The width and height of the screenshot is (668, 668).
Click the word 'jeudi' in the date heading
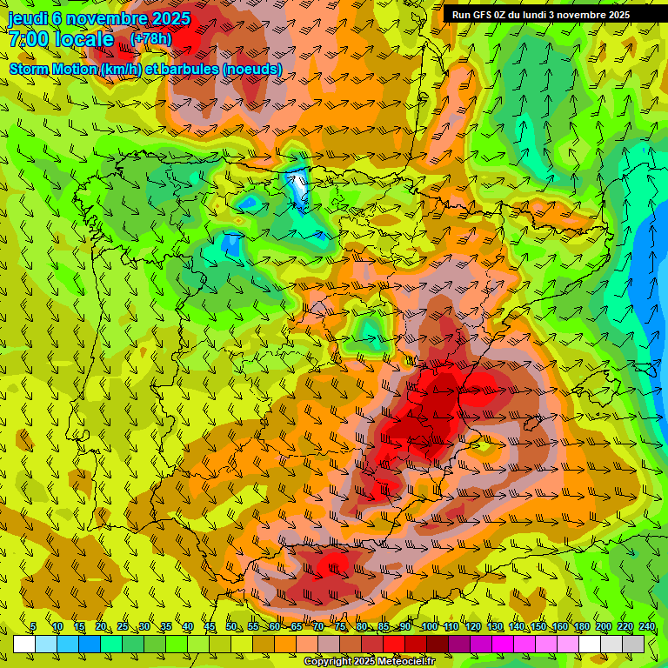pos(28,18)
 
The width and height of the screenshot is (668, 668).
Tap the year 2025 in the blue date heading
pos(164,18)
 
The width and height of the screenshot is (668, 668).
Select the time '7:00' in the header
pos(28,39)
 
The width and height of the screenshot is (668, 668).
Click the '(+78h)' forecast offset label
pos(150,39)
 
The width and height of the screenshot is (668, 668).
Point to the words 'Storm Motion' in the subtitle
pos(54,69)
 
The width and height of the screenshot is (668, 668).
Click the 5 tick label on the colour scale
pos(33,627)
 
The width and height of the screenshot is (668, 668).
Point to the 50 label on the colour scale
pos(231,627)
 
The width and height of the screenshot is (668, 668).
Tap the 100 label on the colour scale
pos(429,627)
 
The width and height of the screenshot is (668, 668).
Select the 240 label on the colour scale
pos(647,627)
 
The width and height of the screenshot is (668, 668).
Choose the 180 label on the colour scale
pos(582,627)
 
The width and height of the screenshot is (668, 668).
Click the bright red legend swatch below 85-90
pos(395,644)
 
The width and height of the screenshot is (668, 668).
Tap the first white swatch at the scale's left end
pos(24,644)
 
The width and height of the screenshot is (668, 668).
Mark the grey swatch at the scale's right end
pos(634,644)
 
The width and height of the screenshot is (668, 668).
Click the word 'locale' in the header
pos(84,39)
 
